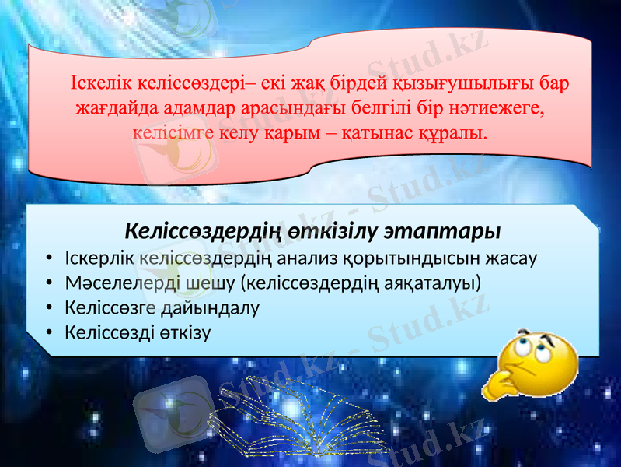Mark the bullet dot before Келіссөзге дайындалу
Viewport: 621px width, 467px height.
49,308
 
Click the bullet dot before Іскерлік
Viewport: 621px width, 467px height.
49,257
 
